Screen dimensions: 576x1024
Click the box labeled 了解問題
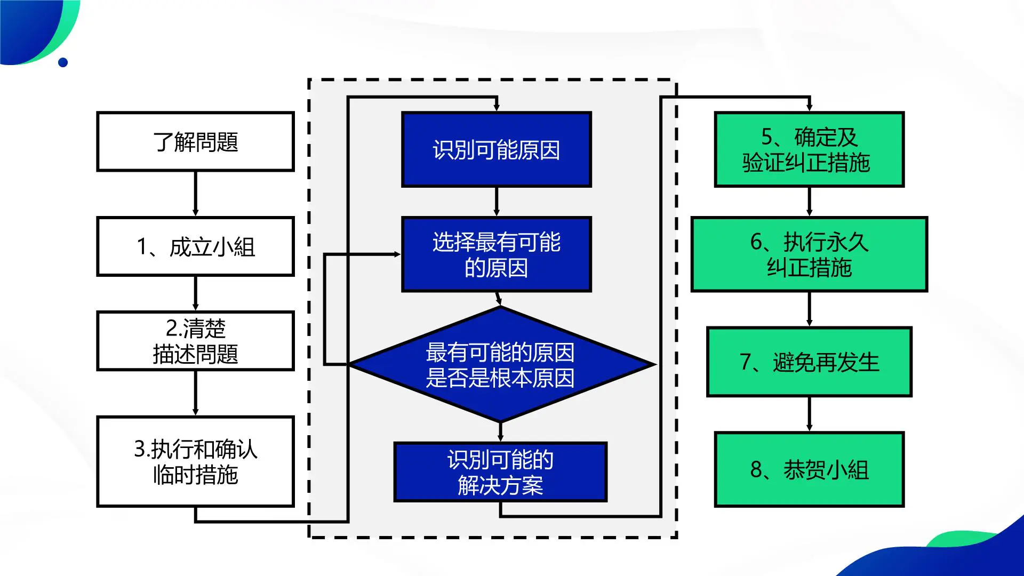tap(195, 141)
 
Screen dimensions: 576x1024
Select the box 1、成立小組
tap(195, 246)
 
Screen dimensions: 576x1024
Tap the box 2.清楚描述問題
tap(195, 341)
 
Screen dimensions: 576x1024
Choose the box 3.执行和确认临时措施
tap(195, 461)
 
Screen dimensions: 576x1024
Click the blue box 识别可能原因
tap(496, 149)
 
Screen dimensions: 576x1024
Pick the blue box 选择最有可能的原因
tap(496, 254)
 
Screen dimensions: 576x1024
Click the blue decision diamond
tap(500, 365)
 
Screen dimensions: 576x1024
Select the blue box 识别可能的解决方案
tap(500, 472)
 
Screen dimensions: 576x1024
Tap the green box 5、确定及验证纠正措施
tap(809, 149)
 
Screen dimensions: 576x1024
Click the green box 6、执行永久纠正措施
tap(809, 254)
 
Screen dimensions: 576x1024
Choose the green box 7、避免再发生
tap(809, 362)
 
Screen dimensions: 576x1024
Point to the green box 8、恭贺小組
tap(809, 469)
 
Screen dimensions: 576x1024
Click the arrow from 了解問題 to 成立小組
tap(195, 194)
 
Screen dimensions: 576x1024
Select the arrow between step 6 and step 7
tap(809, 309)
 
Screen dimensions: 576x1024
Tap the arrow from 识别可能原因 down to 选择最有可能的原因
tap(496, 202)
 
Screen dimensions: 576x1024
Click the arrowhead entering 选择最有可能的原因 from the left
tap(397, 254)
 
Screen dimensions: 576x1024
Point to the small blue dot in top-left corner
tap(63, 62)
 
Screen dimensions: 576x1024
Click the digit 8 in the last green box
tap(756, 470)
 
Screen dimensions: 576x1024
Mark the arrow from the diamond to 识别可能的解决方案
tap(500, 431)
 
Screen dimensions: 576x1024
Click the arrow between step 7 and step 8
tap(809, 414)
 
